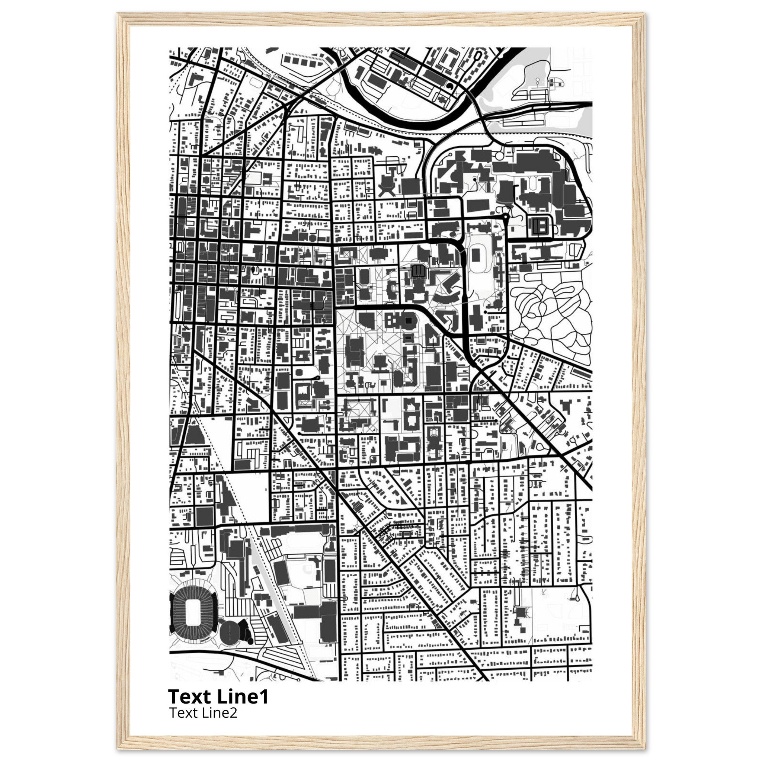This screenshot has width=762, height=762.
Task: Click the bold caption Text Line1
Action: [218, 697]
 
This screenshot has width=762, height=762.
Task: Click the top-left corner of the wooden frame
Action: [119, 15]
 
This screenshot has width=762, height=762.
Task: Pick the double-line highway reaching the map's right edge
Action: [584, 105]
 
